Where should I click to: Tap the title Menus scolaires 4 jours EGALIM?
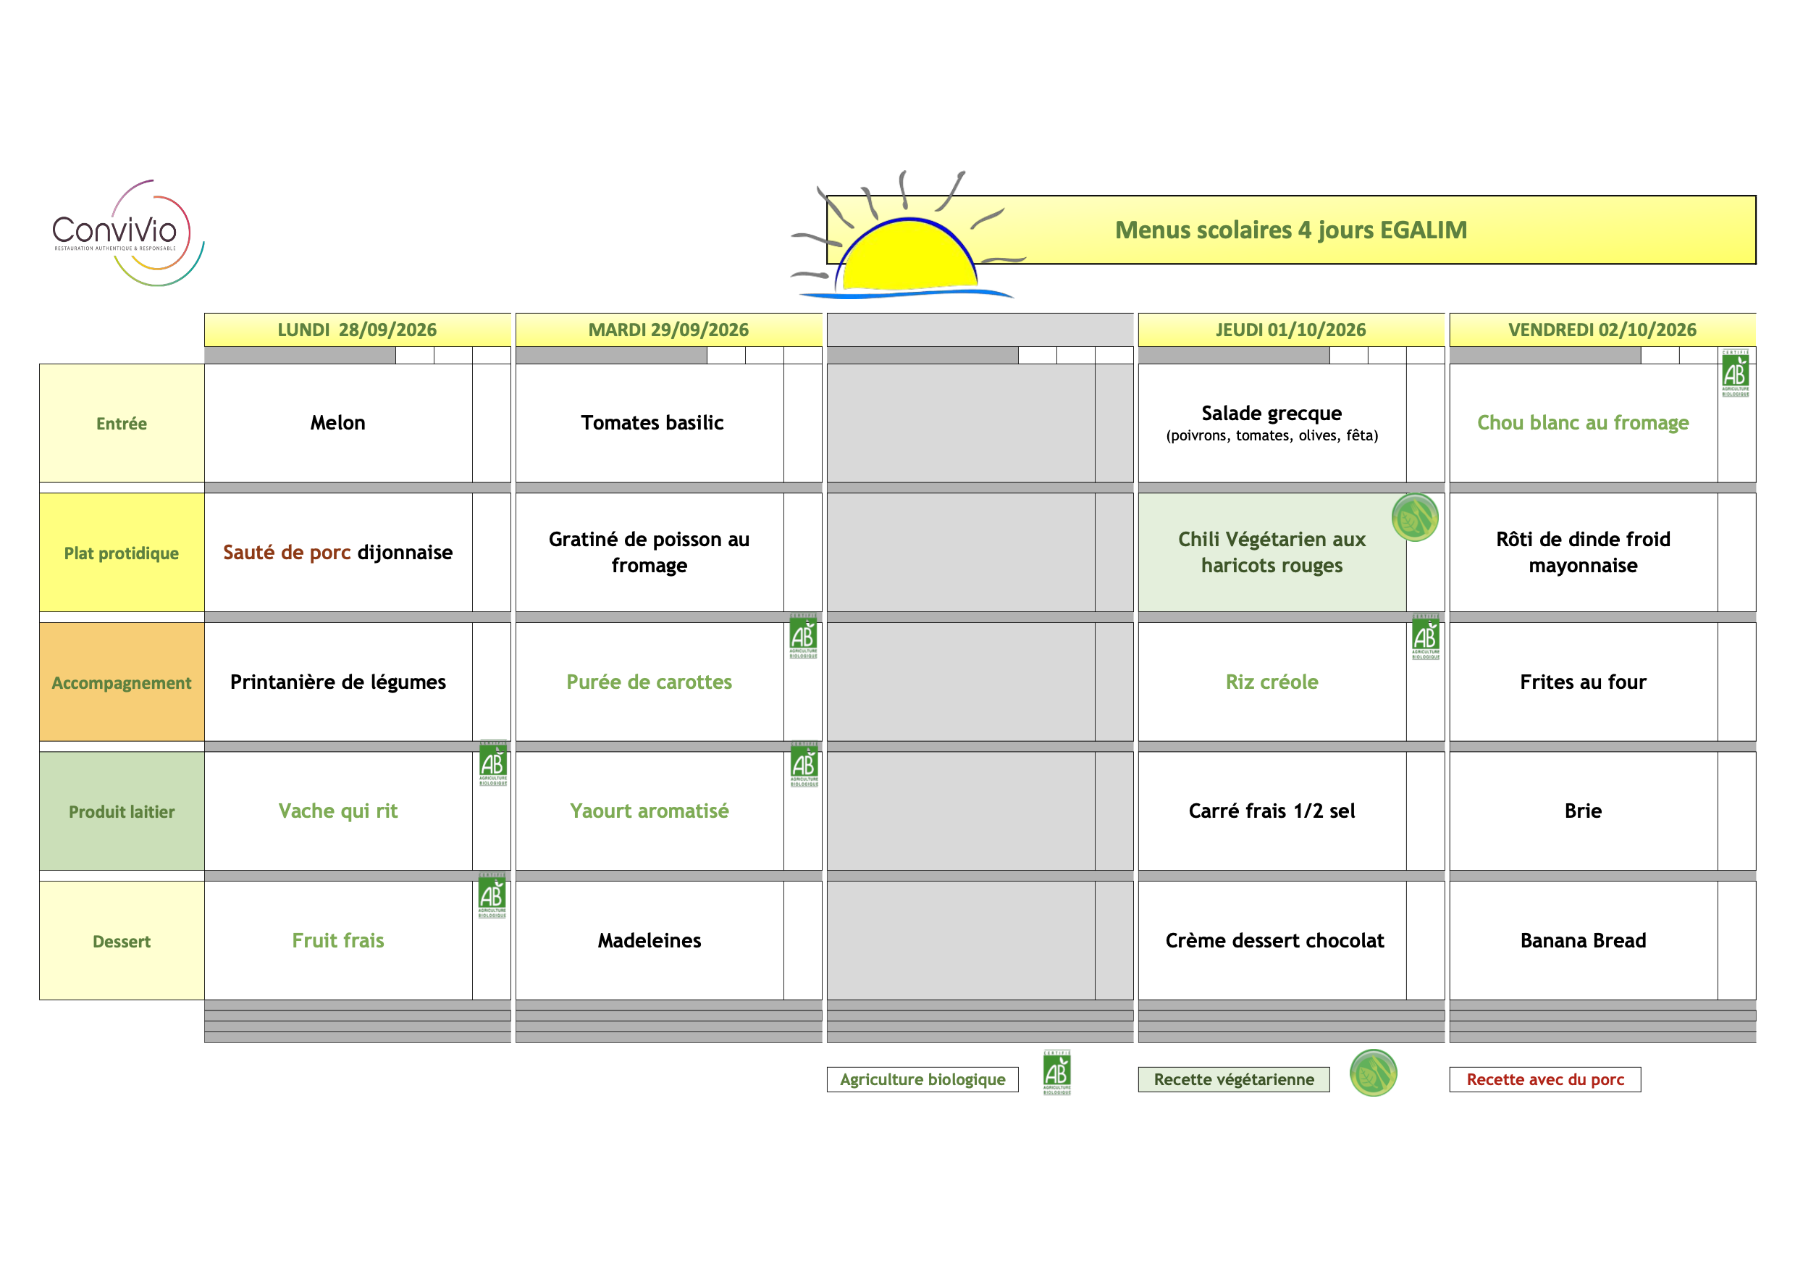pyautogui.click(x=1290, y=230)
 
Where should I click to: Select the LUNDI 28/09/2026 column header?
pyautogui.click(x=358, y=330)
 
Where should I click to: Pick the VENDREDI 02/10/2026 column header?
pyautogui.click(x=1602, y=330)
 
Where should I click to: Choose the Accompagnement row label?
pyautogui.click(x=122, y=682)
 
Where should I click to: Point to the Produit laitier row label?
pyautogui.click(x=122, y=811)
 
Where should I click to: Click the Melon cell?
pyautogui.click(x=338, y=422)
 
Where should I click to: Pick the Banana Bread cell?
pyautogui.click(x=1583, y=941)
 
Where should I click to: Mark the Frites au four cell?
pyautogui.click(x=1583, y=682)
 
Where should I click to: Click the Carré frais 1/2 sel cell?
pyautogui.click(x=1272, y=811)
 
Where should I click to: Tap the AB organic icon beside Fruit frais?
pyautogui.click(x=492, y=896)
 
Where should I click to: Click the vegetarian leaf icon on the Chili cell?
pyautogui.click(x=1415, y=517)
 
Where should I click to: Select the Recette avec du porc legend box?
pyautogui.click(x=1545, y=1079)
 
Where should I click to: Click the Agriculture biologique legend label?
pyautogui.click(x=922, y=1079)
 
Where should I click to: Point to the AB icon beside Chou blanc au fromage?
pyautogui.click(x=1736, y=373)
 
